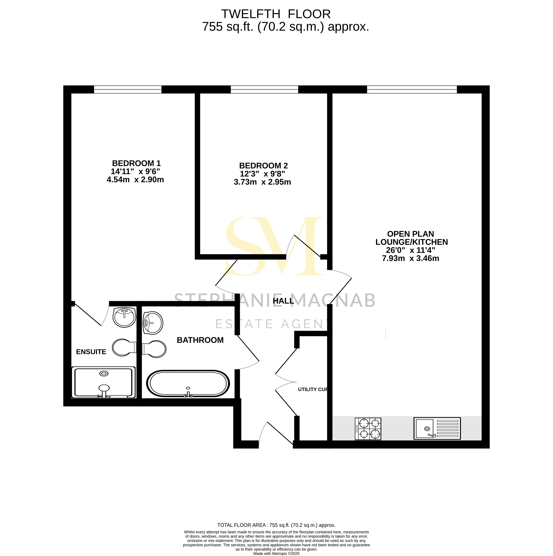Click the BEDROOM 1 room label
(136, 163)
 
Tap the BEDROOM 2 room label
(263, 166)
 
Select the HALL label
(283, 301)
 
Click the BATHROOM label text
(200, 340)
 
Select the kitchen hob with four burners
(368, 429)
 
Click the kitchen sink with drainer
(437, 429)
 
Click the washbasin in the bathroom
(153, 323)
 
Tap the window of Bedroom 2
(264, 90)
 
